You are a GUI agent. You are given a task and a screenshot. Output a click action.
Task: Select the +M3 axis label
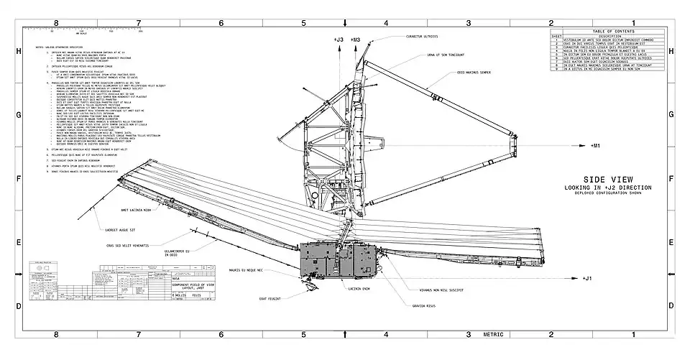pyautogui.click(x=356, y=39)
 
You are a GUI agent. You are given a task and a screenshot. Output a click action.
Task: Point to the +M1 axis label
pyautogui.click(x=595, y=146)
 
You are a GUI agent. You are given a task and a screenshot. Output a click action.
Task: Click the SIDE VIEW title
pyautogui.click(x=607, y=180)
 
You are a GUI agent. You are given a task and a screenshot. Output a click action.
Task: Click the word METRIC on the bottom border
pyautogui.click(x=493, y=334)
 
